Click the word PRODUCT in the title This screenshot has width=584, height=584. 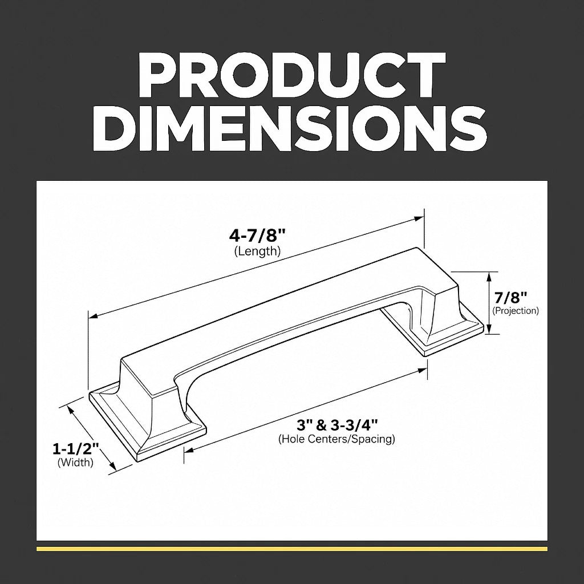click(291, 76)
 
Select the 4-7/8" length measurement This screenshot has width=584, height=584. click(257, 236)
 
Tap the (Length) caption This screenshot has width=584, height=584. click(257, 252)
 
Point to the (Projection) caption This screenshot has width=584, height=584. click(516, 311)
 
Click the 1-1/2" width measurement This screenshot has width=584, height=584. click(76, 449)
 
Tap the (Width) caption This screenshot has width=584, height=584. click(75, 463)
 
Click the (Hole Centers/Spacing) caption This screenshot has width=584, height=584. click(336, 439)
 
